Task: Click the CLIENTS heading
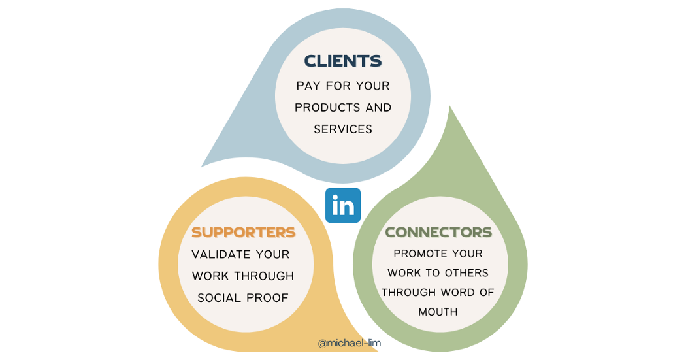[x=343, y=61]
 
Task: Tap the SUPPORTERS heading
[x=243, y=232]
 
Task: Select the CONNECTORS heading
[x=438, y=232]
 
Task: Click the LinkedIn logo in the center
[x=343, y=206]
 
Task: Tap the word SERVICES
[x=343, y=129]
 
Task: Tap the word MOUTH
[x=438, y=312]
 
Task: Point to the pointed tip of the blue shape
[x=203, y=166]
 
